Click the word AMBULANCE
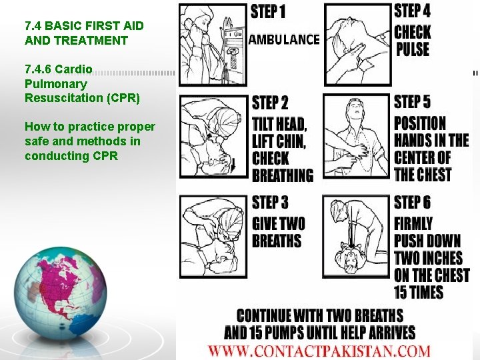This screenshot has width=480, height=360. tap(284, 39)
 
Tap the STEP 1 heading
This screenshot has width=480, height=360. tap(268, 12)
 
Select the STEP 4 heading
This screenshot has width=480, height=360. tap(412, 11)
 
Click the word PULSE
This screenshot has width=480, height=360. tap(413, 49)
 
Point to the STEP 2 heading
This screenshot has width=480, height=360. tap(270, 103)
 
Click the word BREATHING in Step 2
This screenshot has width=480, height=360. tap(283, 175)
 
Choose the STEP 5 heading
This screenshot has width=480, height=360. tap(412, 101)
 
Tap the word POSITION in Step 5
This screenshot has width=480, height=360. tap(420, 123)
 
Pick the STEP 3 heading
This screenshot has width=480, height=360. tap(270, 203)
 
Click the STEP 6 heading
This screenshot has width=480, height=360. tap(412, 203)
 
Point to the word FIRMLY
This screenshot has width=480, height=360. tap(413, 224)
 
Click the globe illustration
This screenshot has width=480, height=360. tap(61, 293)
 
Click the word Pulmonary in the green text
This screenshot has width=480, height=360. tap(56, 83)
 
